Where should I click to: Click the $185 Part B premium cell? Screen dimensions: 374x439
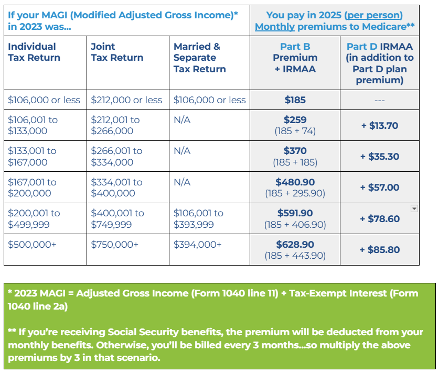coord(295,100)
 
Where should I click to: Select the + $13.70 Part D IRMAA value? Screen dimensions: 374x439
coord(380,126)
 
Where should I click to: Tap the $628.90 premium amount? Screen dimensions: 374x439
coord(295,245)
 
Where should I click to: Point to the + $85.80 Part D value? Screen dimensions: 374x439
coord(380,250)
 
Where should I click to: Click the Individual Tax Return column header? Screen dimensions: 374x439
coord(34,52)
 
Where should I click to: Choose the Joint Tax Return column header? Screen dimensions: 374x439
coord(117,52)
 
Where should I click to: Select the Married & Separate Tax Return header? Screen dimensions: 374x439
coord(200,58)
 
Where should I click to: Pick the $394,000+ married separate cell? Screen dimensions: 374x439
coord(198,245)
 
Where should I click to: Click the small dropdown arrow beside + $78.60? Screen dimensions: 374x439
coord(414,208)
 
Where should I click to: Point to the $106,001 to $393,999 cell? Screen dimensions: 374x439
coord(198,219)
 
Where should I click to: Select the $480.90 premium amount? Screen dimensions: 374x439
coord(295,182)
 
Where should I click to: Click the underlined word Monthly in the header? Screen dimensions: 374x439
coord(274,26)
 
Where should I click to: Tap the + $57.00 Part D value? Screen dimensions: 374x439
coord(380,188)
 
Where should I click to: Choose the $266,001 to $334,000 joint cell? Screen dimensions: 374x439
coord(116,157)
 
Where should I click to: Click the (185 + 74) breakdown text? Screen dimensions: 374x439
coord(295,131)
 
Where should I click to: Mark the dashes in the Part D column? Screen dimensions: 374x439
coord(380,100)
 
